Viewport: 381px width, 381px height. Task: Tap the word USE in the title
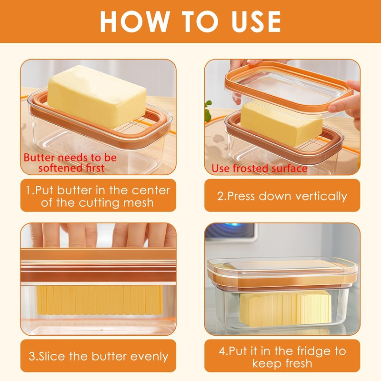tap(256, 21)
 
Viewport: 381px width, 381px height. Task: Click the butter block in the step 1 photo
tap(97, 96)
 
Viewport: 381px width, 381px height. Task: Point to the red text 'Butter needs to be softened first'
tap(70, 162)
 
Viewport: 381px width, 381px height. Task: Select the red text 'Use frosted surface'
tap(259, 169)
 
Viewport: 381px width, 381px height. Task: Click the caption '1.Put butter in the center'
tap(98, 190)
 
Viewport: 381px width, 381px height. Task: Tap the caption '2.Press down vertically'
tap(282, 196)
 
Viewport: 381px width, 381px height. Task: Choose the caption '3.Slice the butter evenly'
tap(99, 356)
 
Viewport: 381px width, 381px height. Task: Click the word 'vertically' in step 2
tap(321, 196)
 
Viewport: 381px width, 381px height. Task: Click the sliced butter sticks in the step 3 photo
tap(100, 300)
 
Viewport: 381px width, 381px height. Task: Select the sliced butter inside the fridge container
tap(285, 309)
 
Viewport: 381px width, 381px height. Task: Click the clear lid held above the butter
tap(289, 89)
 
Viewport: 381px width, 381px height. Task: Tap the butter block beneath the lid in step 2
tap(281, 124)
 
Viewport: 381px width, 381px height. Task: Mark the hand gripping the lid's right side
tap(348, 102)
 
